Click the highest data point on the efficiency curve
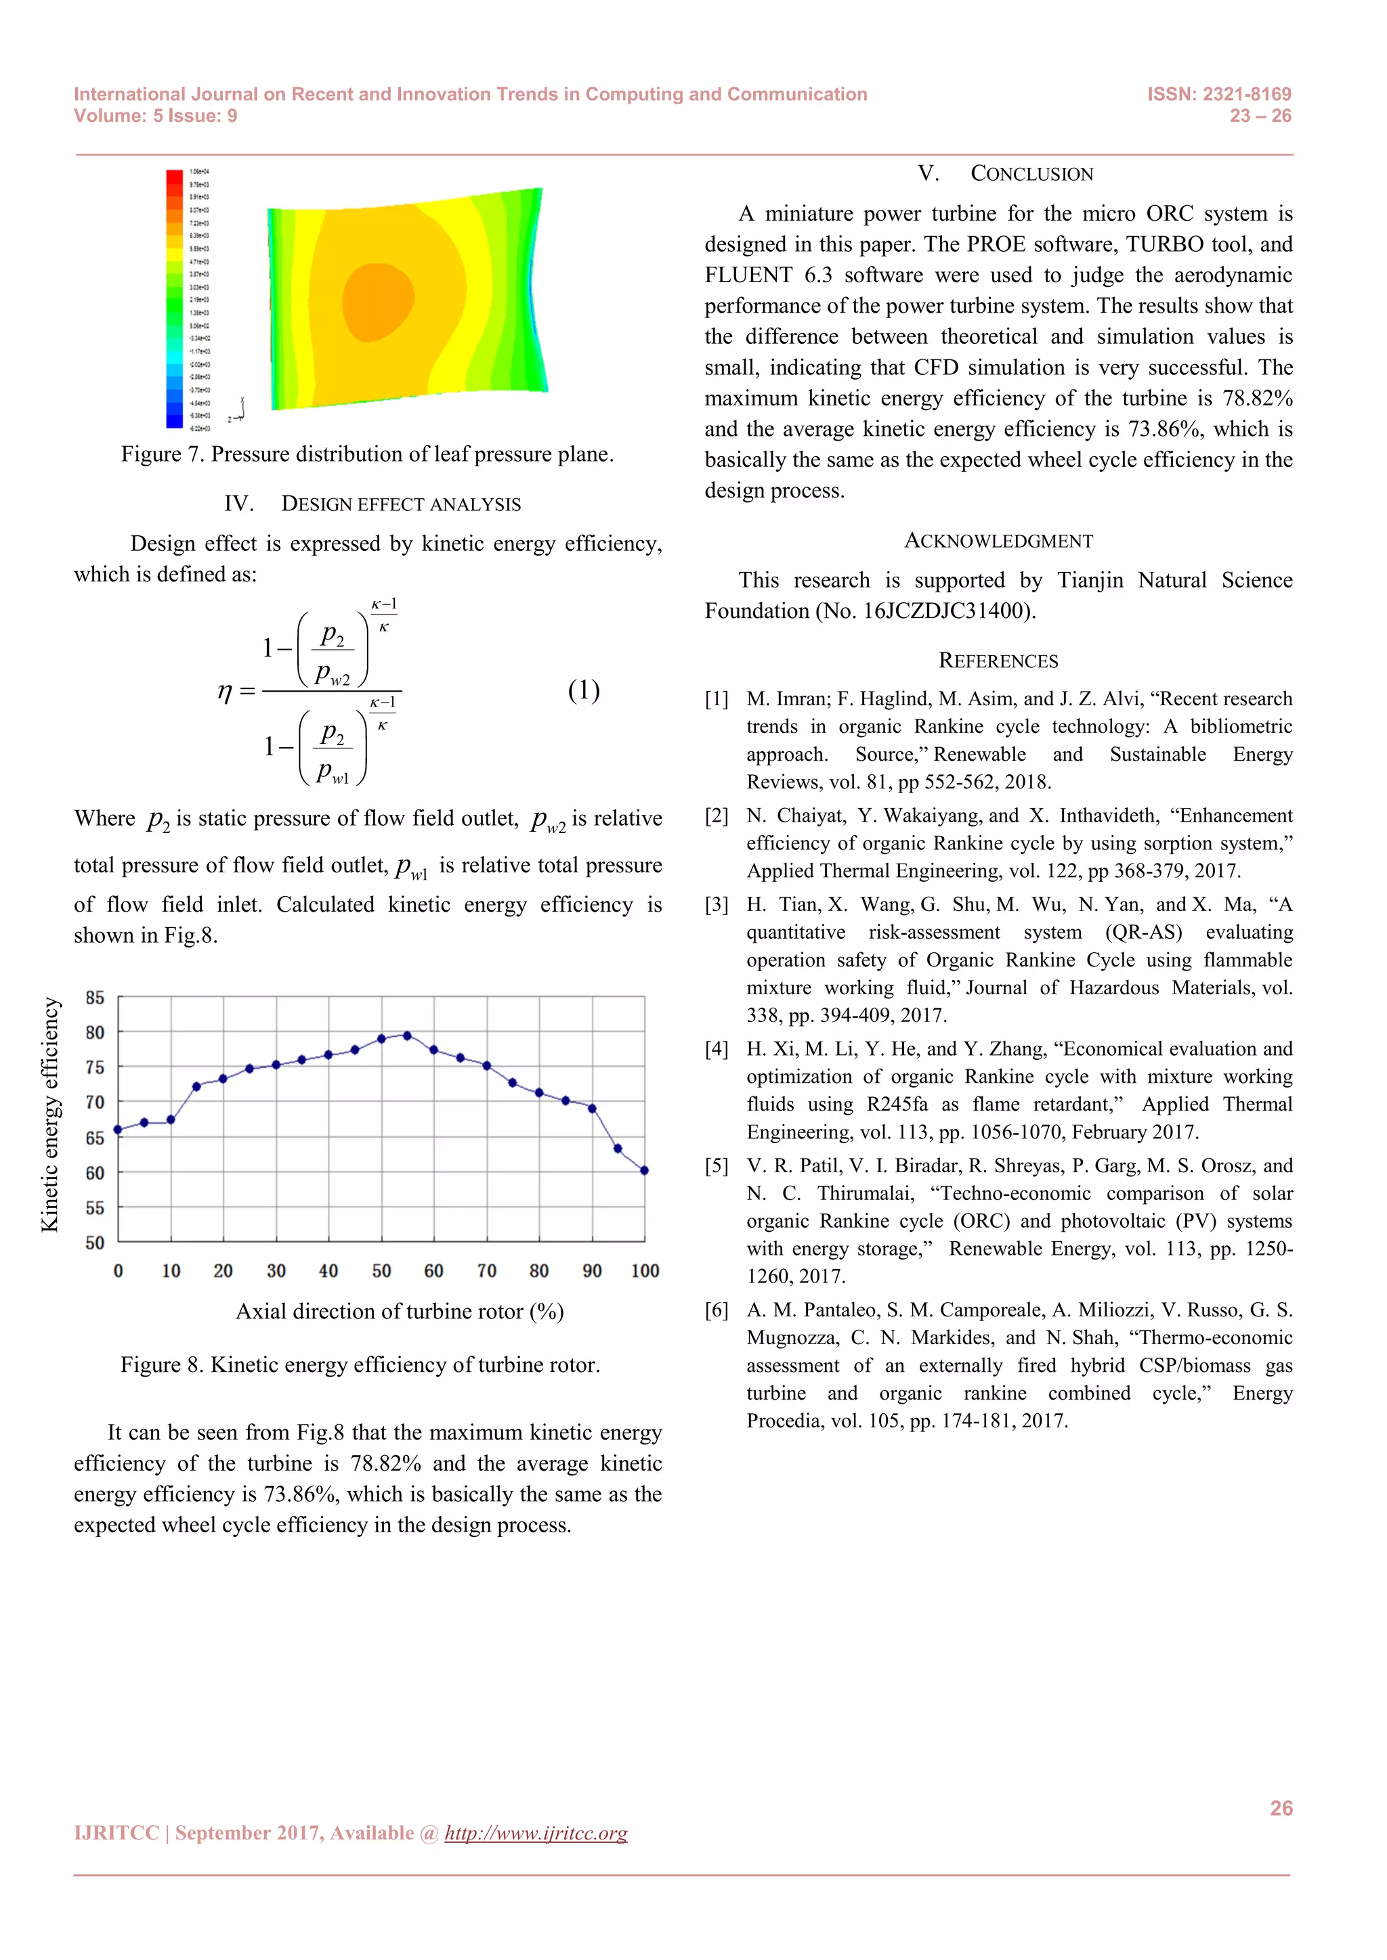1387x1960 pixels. click(x=408, y=1035)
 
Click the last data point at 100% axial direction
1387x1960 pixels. click(x=644, y=1170)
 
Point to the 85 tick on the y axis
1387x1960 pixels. click(x=95, y=997)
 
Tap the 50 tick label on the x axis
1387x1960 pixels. click(x=381, y=1271)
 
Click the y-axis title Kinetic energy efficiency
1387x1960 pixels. click(x=49, y=1115)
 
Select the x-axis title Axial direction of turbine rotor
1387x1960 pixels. click(x=400, y=1311)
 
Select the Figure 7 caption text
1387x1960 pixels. click(x=367, y=454)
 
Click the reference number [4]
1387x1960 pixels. click(x=717, y=1049)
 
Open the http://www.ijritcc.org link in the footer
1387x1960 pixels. click(x=536, y=1833)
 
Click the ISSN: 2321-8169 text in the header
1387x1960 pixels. click(x=1219, y=94)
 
